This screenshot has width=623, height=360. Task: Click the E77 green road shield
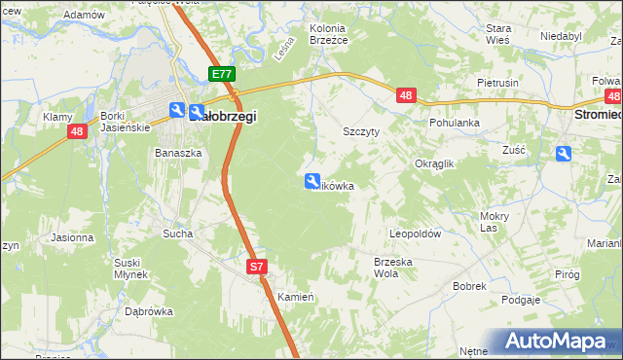pyautogui.click(x=221, y=74)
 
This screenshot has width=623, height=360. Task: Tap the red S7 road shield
pyautogui.click(x=256, y=266)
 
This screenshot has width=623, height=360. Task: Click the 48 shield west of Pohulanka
pyautogui.click(x=407, y=95)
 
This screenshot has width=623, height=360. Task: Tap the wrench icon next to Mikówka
pyautogui.click(x=312, y=180)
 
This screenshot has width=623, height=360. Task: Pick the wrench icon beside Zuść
pyautogui.click(x=564, y=153)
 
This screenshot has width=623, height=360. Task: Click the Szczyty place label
pyautogui.click(x=360, y=129)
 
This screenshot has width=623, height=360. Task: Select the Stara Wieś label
pyautogui.click(x=498, y=35)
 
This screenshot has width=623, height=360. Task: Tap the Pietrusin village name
pyautogui.click(x=497, y=84)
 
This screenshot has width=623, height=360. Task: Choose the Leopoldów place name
pyautogui.click(x=416, y=234)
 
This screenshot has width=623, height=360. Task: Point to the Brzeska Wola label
pyautogui.click(x=393, y=267)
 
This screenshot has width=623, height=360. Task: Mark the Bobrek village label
pyautogui.click(x=469, y=287)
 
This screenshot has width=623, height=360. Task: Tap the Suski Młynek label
pyautogui.click(x=129, y=268)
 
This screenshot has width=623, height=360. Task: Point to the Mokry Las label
pyautogui.click(x=495, y=222)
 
